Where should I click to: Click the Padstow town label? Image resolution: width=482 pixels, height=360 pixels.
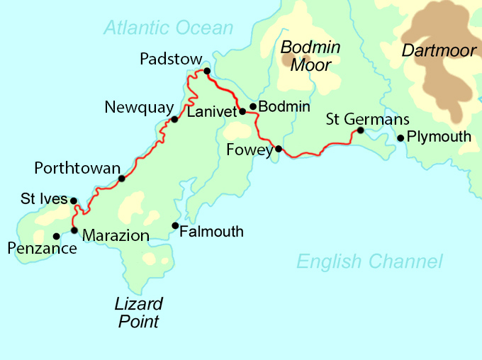pos(171,59)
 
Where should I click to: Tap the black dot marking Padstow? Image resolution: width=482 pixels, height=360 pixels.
pos(207,71)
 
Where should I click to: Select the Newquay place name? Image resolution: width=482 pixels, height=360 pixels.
pos(139,108)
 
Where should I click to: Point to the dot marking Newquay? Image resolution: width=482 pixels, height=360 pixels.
pos(174,119)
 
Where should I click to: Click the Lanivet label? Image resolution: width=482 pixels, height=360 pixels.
pos(211,111)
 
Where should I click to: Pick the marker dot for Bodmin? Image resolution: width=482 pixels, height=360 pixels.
pos(253,106)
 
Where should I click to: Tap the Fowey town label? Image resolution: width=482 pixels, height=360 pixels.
pos(250,150)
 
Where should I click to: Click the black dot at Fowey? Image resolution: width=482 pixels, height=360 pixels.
pos(279,149)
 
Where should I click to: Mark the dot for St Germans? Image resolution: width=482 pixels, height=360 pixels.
pos(360,130)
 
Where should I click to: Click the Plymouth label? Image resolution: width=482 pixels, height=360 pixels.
pos(439,137)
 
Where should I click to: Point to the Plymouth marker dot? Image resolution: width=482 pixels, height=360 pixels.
pos(400,138)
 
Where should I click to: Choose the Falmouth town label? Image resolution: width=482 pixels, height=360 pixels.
pos(211,232)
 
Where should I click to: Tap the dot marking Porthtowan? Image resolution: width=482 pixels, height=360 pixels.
pos(121,179)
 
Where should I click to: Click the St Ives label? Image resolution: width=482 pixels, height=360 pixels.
pos(44,200)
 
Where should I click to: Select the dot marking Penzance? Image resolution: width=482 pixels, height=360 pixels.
pos(56,237)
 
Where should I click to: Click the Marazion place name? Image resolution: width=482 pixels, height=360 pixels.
pos(116,236)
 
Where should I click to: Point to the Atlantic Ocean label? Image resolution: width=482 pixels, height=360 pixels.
pos(168,28)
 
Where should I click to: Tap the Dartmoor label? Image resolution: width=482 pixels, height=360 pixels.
pos(437,51)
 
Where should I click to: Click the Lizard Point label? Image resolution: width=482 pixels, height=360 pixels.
pos(139,313)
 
